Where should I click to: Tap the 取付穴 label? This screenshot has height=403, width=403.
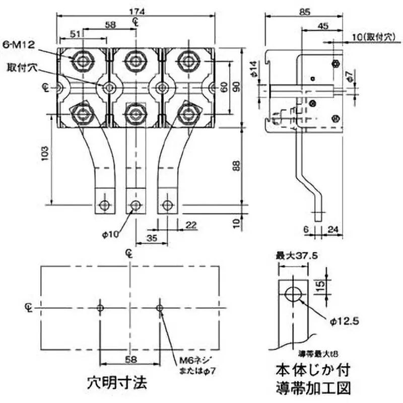(20, 67)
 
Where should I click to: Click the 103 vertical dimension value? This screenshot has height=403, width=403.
(44, 154)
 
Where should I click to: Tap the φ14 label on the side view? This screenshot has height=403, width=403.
(254, 67)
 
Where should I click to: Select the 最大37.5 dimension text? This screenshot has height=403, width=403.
(296, 256)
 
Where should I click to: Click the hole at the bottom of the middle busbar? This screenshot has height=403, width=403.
(135, 205)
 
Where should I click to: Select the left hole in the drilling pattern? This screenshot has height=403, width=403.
(101, 307)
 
